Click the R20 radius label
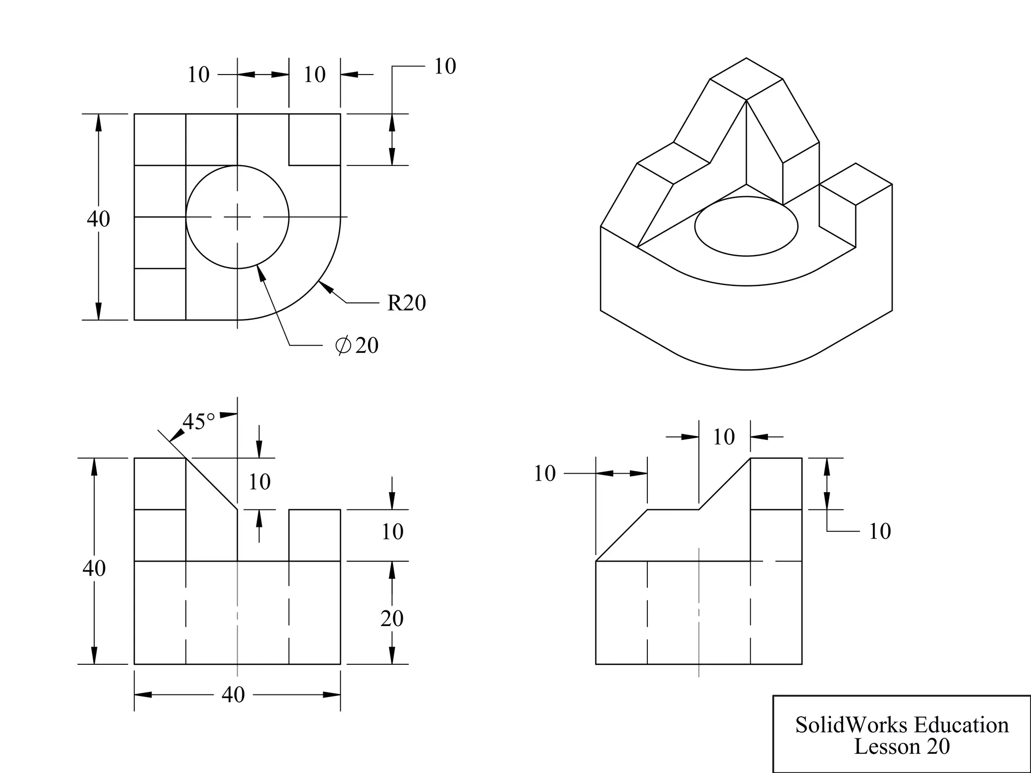point(406,303)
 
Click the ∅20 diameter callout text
point(357,346)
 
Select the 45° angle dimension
point(198,422)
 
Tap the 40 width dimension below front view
point(233,695)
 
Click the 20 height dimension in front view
point(392,619)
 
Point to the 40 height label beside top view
point(98,219)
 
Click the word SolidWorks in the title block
point(852,725)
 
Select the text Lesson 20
point(902,746)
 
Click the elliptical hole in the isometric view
point(746,226)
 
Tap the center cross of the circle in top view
point(238,217)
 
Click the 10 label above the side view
point(723,437)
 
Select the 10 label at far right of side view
point(879,531)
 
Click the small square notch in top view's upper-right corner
point(314,139)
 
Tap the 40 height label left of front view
point(94,569)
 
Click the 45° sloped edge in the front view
point(211,484)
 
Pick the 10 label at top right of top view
point(445,66)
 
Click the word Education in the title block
point(961,725)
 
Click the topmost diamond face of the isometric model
point(746,79)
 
